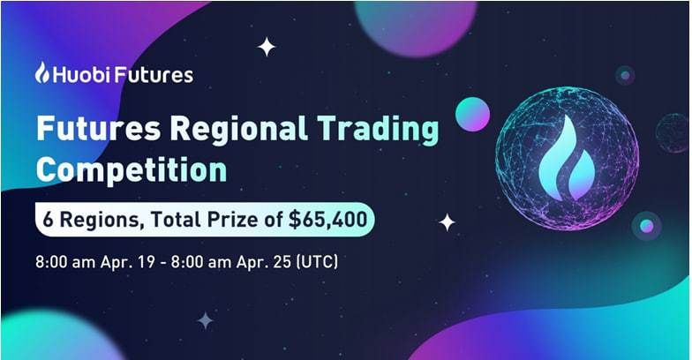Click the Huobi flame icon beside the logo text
[42, 73]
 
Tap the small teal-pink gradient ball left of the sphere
[472, 114]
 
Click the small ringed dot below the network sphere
[647, 226]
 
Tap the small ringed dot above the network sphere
[625, 76]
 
